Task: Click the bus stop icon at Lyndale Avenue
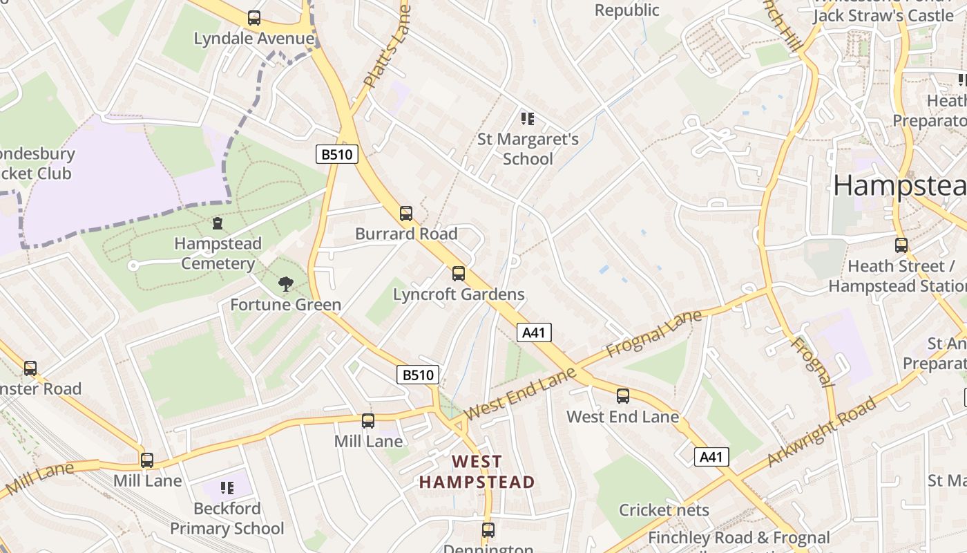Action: tap(254, 18)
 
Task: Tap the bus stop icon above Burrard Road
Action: tap(406, 214)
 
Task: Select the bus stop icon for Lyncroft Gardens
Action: tap(459, 274)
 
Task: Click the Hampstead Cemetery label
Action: tap(218, 253)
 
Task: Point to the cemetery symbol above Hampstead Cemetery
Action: tap(218, 223)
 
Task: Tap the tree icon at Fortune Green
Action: tap(285, 283)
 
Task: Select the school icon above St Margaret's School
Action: tap(528, 119)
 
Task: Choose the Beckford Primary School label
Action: tap(227, 518)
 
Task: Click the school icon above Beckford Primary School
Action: tap(227, 488)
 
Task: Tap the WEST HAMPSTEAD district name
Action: tap(477, 471)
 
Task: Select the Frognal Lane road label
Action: tap(653, 334)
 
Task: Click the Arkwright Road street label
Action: tap(821, 431)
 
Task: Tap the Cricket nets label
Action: tap(664, 510)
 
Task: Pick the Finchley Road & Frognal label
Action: tap(738, 537)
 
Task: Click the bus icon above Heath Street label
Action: tap(901, 245)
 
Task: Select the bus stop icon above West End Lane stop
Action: tap(623, 396)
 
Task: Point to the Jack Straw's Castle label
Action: tap(883, 15)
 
